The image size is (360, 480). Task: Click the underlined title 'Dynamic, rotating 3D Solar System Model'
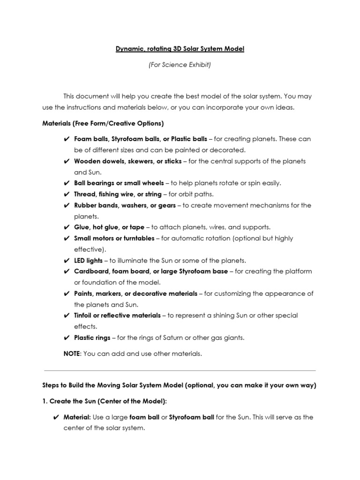point(180,49)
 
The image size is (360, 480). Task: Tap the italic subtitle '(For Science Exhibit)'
point(180,65)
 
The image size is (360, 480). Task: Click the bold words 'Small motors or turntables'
point(114,238)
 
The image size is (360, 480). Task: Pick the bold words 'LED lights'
point(89,260)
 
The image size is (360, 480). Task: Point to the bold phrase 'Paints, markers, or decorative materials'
point(135,293)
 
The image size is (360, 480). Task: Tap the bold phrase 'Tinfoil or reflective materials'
point(117,315)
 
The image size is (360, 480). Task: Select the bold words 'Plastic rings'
point(92,337)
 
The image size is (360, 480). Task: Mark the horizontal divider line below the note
point(180,370)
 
